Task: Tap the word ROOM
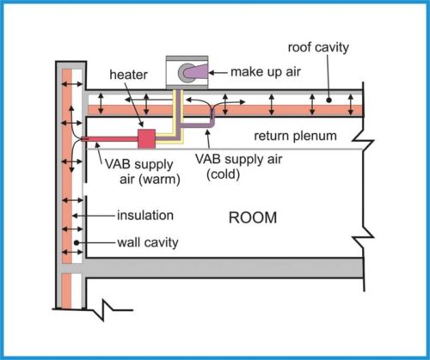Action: click(x=253, y=218)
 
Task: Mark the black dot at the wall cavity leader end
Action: click(x=77, y=244)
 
